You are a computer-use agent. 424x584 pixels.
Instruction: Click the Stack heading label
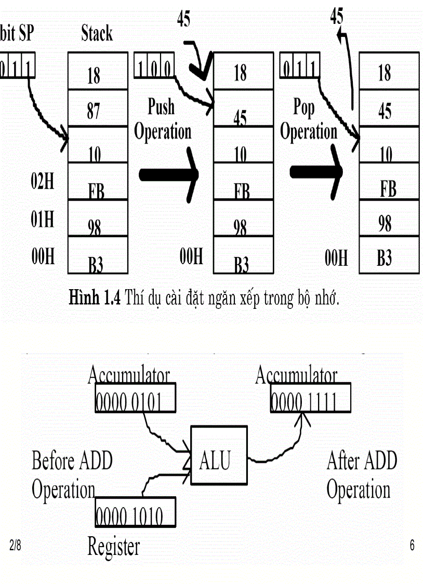coord(97,34)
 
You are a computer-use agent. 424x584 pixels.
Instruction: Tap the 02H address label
coord(43,184)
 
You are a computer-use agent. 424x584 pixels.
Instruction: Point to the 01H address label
coord(43,220)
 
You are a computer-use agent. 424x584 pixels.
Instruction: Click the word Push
coord(161,107)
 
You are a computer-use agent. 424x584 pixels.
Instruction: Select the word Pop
coord(304,107)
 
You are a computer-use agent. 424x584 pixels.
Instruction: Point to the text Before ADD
coord(72,460)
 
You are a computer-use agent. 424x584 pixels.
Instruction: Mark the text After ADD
coord(362,460)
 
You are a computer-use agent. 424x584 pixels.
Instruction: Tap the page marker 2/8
coord(16,546)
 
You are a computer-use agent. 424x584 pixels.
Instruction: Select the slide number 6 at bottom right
coord(412,546)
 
